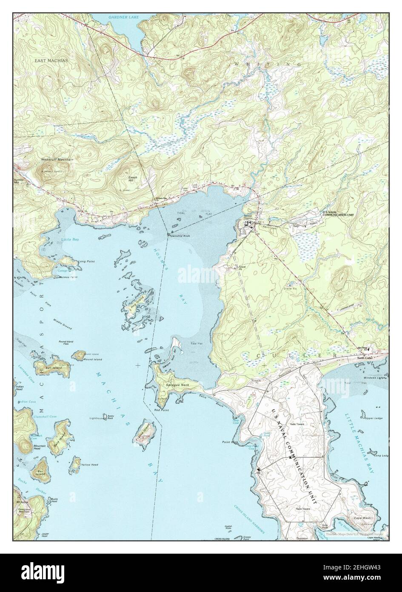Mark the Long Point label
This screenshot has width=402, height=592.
coord(86,261)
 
